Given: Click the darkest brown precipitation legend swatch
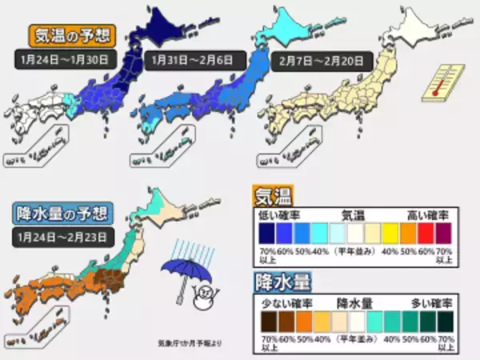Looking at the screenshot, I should point(265,322).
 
